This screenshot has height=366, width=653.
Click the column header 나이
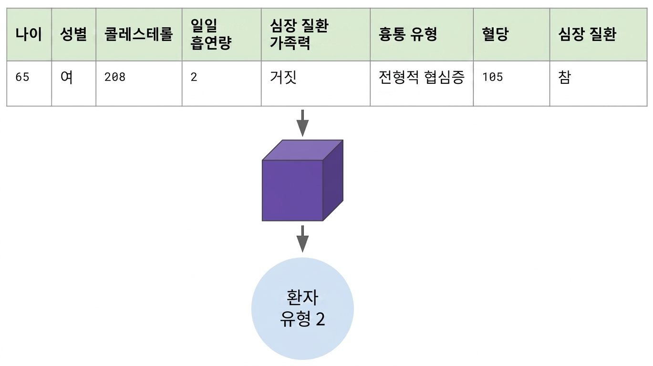point(29,34)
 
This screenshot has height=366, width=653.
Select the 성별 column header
point(73,34)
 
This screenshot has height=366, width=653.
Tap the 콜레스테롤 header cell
point(138,34)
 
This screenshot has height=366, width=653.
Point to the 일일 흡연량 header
point(211,34)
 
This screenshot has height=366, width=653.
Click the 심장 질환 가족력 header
point(299,34)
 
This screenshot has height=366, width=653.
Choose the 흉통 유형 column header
point(408,34)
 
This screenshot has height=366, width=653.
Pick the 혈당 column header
point(495,34)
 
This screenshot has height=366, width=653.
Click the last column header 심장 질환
point(587,34)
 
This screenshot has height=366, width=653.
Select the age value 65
point(22,77)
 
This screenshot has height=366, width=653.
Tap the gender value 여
point(66,77)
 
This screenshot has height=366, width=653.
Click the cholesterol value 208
point(115,77)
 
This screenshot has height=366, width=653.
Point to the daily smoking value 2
point(194,77)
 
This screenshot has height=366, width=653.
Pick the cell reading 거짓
point(283,77)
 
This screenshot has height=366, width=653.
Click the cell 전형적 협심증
point(421,77)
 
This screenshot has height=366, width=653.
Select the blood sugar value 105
point(493,77)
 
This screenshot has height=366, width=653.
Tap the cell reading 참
point(564,77)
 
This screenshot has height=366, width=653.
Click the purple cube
point(302,181)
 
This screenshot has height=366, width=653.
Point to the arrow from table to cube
point(302,123)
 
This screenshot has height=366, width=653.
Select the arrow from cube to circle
point(302,239)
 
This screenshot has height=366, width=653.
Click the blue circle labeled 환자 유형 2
point(302,309)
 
